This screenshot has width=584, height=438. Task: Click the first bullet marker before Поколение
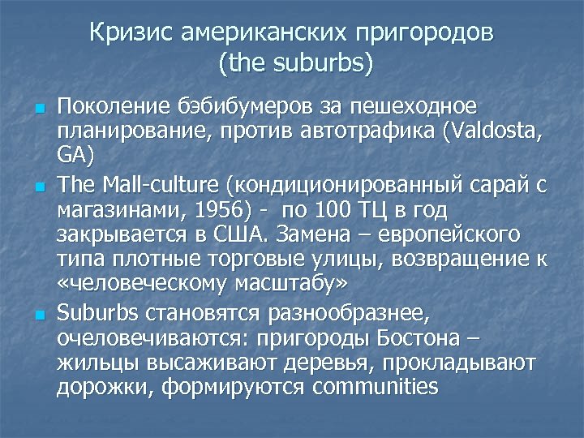click(x=38, y=109)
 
